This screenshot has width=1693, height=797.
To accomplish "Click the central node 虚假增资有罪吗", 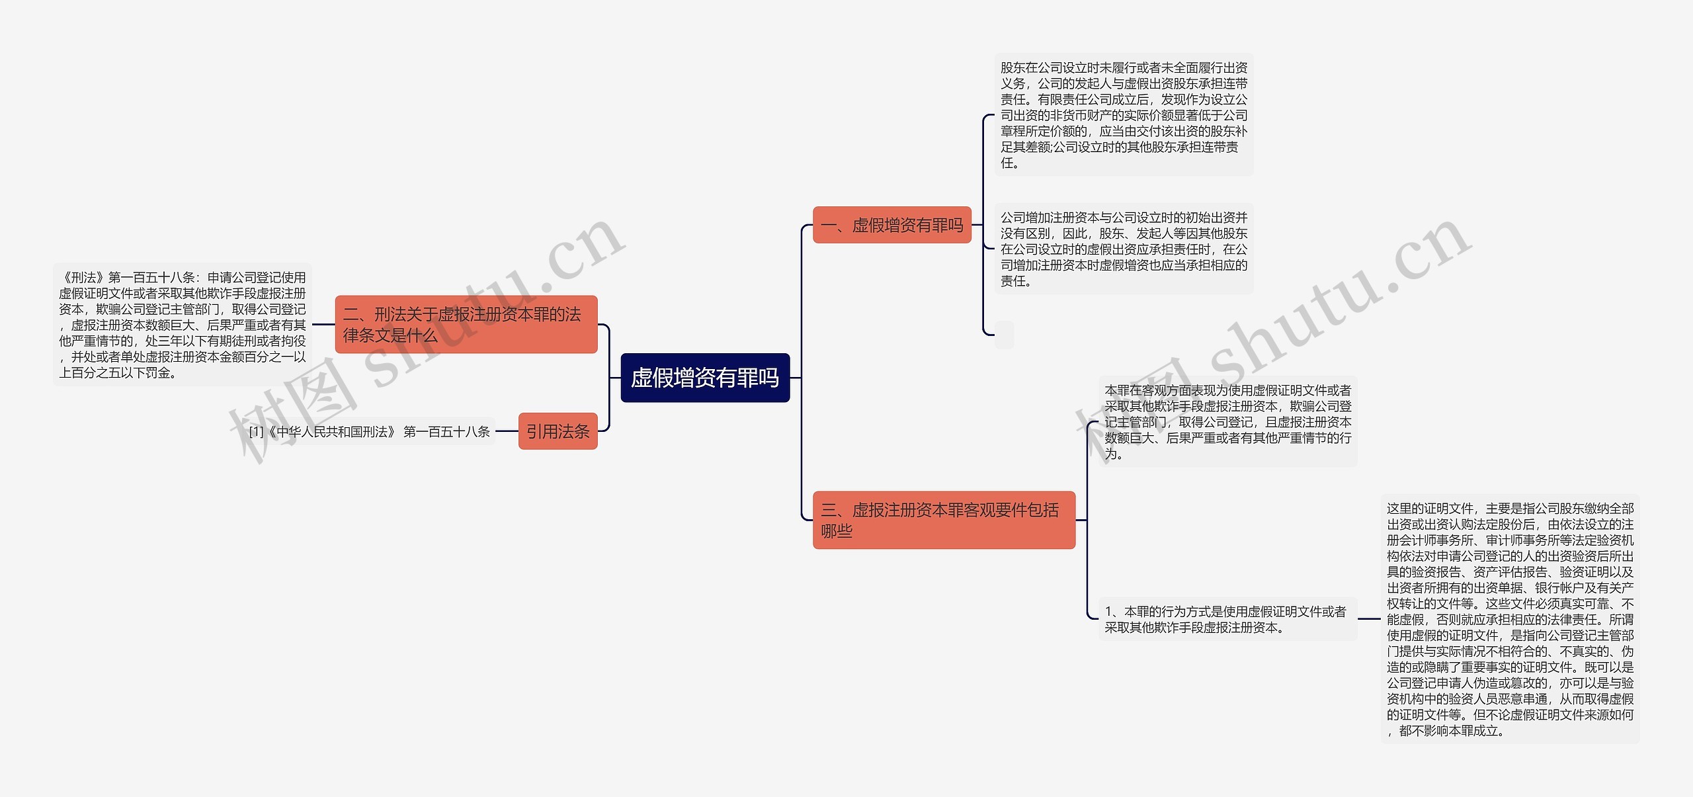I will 705,378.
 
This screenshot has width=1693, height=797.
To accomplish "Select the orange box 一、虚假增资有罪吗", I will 891,225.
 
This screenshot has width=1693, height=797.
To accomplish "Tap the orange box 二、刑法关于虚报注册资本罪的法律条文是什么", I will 466,324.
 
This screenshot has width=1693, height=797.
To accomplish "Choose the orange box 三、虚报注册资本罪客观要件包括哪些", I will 943,520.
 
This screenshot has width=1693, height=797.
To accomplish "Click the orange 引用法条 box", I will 557,431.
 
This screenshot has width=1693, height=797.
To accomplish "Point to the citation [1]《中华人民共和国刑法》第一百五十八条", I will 370,432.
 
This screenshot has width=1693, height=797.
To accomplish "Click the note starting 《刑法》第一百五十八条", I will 182,325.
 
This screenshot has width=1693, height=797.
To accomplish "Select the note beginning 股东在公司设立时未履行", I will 1123,115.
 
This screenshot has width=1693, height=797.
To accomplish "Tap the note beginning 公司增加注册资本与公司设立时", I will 1123,249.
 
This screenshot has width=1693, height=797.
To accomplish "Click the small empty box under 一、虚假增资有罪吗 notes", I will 1004,335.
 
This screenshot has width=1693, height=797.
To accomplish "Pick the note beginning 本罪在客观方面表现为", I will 1227,421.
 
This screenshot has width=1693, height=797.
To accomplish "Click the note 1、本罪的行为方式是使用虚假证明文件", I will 1227,620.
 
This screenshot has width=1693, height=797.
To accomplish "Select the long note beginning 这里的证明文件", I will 1510,619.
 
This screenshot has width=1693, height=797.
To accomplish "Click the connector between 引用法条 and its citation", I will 507,431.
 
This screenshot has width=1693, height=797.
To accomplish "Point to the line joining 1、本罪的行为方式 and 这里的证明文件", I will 1369,619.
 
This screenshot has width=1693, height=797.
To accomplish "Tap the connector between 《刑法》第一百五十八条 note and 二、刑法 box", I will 323,325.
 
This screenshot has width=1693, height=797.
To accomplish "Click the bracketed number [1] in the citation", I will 257,432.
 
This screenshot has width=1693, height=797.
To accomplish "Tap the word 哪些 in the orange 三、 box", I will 837,530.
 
